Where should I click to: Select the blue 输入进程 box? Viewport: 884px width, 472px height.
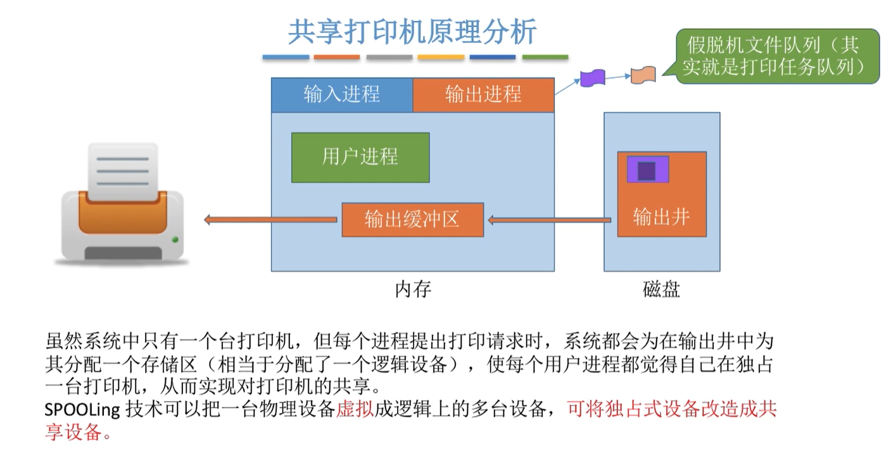pos(342,94)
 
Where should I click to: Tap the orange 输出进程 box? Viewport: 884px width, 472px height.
pos(483,94)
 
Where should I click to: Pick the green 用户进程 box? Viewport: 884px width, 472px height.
pos(360,157)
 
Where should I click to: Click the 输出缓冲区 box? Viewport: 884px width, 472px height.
pos(412,220)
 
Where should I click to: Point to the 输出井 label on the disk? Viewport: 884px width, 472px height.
pos(661,217)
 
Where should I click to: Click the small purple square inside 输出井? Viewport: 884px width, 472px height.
pos(647,170)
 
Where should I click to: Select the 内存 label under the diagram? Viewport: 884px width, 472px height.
pos(413,290)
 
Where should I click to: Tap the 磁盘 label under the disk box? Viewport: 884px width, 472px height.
pos(661,290)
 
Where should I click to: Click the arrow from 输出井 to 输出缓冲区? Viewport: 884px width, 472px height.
pos(550,220)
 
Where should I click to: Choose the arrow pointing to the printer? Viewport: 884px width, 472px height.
pos(270,220)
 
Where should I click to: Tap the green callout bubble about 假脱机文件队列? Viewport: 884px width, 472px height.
pos(773,56)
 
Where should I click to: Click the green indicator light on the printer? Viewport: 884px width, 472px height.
pos(175,239)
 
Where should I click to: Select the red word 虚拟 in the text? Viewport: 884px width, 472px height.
pos(354,410)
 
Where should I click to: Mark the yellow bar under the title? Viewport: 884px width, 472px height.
pos(441,58)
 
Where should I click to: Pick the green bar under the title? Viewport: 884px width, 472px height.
pos(545,58)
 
